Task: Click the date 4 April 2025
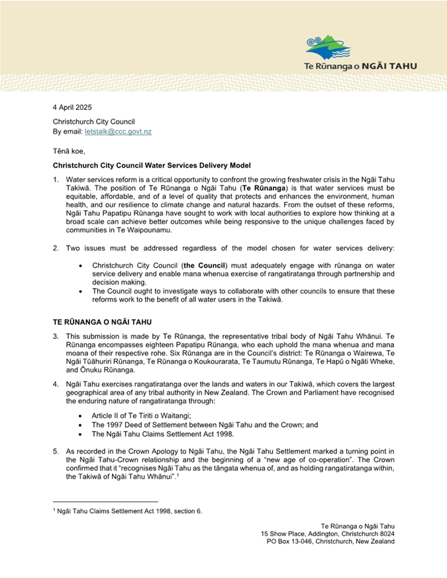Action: point(72,107)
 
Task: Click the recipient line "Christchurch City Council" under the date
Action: point(94,122)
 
